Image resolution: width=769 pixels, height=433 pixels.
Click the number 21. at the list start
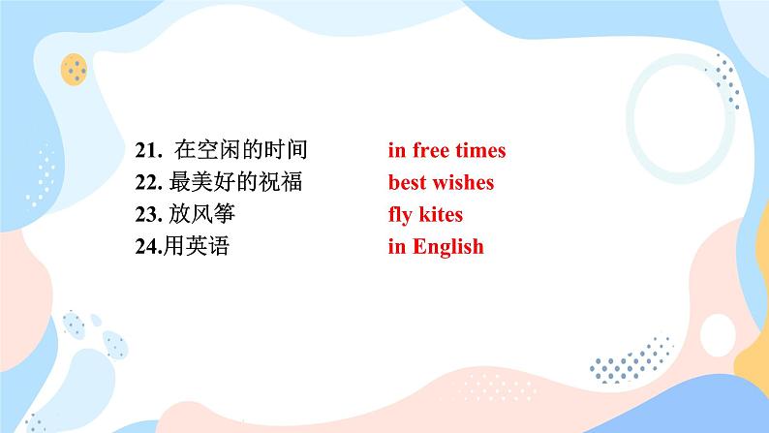(148, 150)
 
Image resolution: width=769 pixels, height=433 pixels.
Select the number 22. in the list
(148, 182)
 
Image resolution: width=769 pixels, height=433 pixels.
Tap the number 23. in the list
(148, 214)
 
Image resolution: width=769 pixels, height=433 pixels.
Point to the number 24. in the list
(148, 246)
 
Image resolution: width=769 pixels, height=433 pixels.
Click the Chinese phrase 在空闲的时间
(241, 149)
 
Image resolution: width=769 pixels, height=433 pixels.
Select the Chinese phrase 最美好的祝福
(235, 181)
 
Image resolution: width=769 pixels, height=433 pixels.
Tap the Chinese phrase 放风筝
(202, 214)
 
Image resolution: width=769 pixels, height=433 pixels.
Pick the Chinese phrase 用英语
(197, 246)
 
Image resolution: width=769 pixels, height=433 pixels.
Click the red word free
(431, 150)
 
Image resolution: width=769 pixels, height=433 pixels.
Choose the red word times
(480, 150)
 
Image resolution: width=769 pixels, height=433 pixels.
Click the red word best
(407, 182)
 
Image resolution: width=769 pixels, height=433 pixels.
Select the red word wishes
(463, 182)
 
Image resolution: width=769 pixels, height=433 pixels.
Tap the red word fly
(401, 215)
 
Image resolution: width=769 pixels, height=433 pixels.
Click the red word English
(448, 247)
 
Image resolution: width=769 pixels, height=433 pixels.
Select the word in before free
(397, 150)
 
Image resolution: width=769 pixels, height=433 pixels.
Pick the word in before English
(397, 246)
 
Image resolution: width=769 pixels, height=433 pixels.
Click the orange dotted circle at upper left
(74, 69)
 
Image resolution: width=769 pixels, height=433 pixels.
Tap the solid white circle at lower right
(718, 335)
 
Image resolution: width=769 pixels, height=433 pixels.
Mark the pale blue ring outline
(631, 117)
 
